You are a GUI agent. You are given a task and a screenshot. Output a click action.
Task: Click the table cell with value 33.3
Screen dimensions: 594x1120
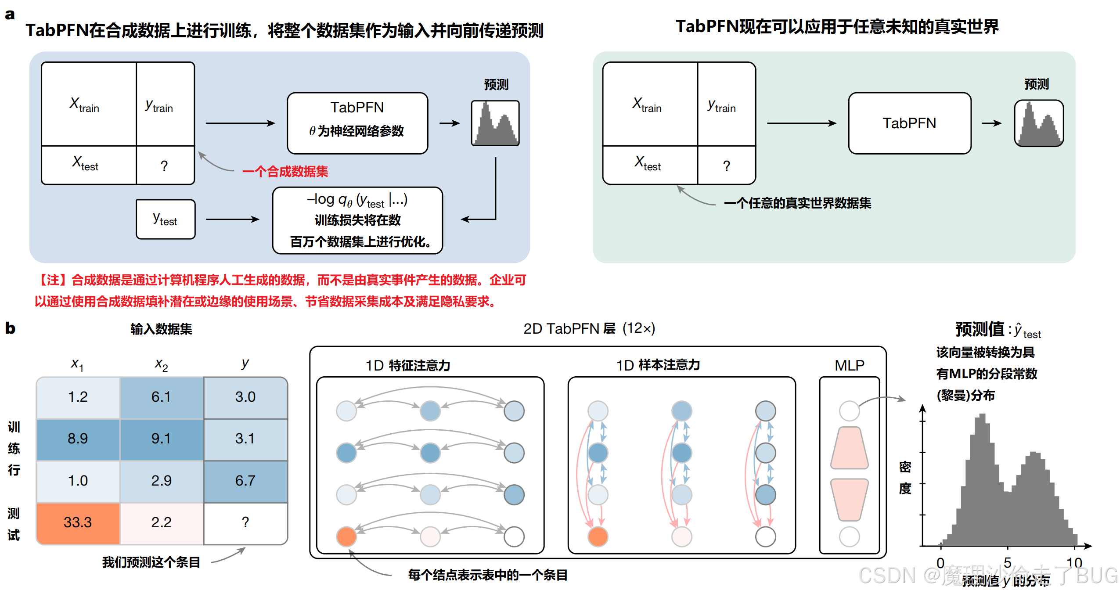[78, 522]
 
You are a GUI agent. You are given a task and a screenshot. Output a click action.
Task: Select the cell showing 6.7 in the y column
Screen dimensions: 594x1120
[245, 480]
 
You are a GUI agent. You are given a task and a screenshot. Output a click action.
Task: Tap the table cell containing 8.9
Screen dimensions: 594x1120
[78, 438]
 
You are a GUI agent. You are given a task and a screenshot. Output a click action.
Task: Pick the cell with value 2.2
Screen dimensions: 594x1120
[161, 522]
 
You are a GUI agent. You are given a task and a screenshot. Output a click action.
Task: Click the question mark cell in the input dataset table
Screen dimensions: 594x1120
[245, 522]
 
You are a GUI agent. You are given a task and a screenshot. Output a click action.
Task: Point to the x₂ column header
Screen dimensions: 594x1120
[161, 364]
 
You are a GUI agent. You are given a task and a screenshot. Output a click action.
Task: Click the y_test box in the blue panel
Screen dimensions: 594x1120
[165, 219]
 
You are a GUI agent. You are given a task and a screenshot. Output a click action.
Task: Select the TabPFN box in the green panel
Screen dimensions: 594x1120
[909, 123]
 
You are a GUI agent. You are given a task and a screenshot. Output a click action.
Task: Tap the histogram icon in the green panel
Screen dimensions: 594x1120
[1038, 123]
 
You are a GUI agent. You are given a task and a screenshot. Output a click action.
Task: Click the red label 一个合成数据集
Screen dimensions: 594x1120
[285, 171]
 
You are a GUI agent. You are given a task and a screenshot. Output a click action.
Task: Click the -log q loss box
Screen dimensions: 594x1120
[357, 220]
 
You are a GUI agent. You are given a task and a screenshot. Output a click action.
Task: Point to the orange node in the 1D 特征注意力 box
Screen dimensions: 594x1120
[346, 536]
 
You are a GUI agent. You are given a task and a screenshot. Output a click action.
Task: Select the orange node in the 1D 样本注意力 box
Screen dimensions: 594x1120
[598, 536]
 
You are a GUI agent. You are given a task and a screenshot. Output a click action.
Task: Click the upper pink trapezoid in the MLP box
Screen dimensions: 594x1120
[849, 447]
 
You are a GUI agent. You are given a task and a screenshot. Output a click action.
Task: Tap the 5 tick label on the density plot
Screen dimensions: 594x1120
[1007, 562]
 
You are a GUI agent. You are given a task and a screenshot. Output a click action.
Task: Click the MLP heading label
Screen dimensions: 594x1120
[849, 365]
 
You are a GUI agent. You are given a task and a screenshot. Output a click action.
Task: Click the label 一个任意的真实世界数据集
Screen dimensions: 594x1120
[797, 203]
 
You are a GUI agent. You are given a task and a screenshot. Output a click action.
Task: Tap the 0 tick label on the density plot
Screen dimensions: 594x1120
[940, 562]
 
